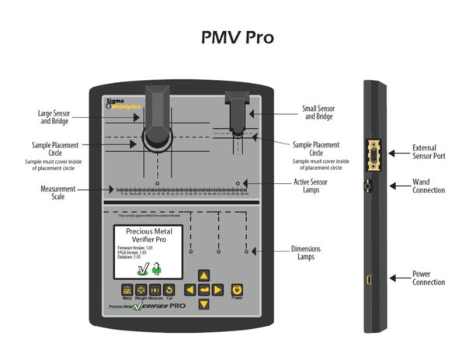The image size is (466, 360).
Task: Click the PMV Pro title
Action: click(233, 37)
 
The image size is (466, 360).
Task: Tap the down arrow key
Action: click(203, 303)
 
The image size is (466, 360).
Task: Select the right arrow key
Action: click(218, 289)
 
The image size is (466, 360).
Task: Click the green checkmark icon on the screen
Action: click(143, 269)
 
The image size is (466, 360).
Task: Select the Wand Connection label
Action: click(429, 186)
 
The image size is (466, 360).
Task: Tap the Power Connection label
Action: click(429, 277)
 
